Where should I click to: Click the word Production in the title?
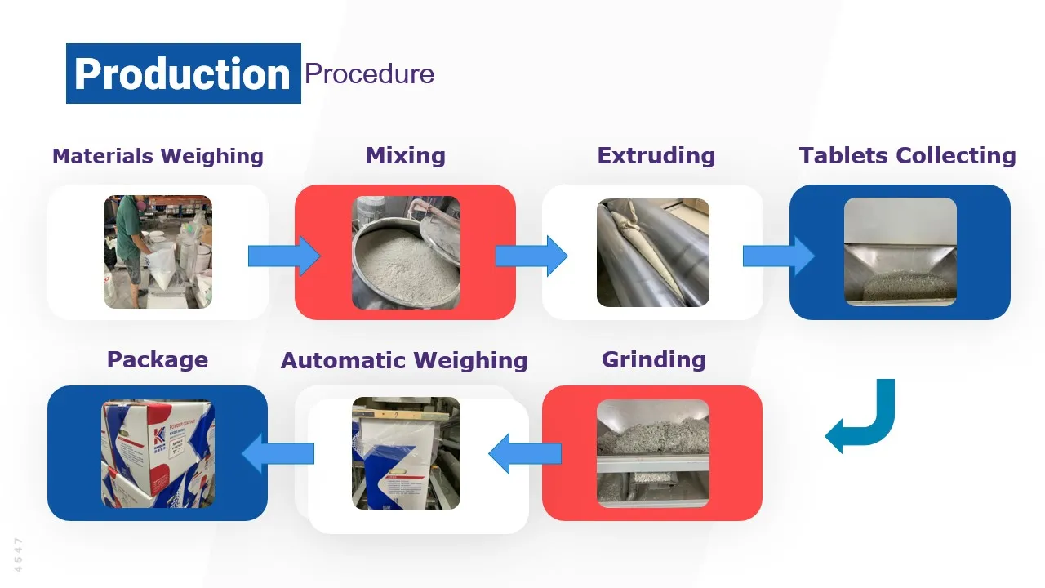182,74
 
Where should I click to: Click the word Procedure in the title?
369,74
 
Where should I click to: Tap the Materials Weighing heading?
158,156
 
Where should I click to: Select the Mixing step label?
406,156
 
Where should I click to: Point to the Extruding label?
656,156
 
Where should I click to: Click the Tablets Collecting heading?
907,156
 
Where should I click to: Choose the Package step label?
158,360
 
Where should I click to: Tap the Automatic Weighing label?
404,361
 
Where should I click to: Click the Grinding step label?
653,360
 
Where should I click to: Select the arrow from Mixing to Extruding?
531,256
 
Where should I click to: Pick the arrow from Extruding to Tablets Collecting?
778,256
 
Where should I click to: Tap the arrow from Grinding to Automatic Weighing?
524,453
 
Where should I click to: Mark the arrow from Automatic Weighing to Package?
278,453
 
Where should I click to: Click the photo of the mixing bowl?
406,252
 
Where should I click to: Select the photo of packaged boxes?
158,453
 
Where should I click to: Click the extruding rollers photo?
653,252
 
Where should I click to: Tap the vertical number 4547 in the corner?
19,555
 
